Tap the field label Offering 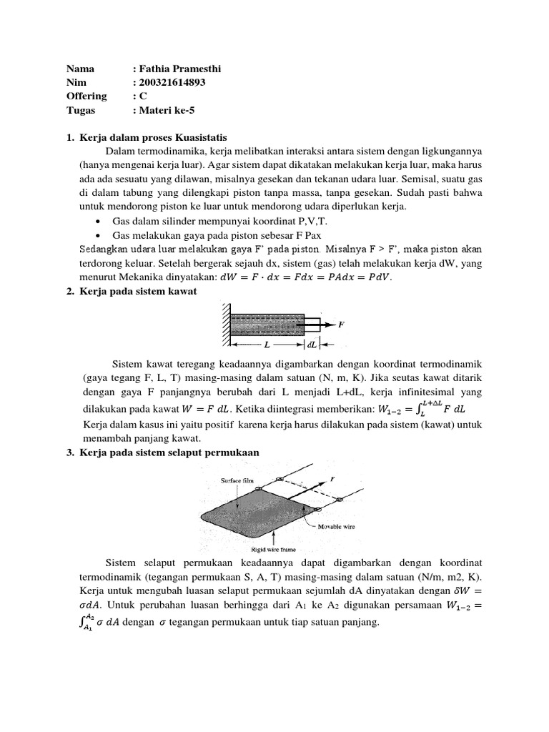pos(86,96)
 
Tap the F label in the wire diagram pos(341,324)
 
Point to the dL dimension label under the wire pos(312,344)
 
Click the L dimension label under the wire pos(266,344)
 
